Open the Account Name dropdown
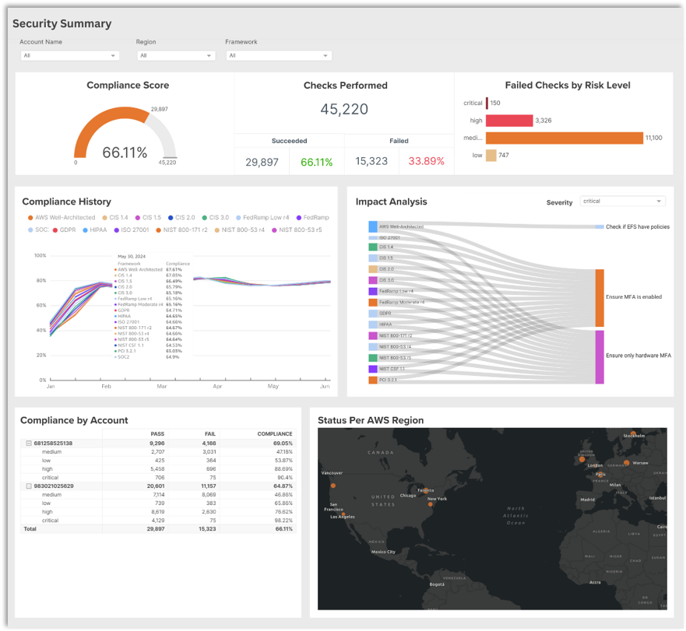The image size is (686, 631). [x=69, y=56]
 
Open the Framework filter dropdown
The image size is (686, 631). [x=278, y=56]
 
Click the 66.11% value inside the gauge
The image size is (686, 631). [x=125, y=152]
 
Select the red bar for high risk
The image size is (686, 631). [x=510, y=121]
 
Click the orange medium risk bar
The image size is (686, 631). [x=565, y=138]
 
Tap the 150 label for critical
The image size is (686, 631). [x=495, y=103]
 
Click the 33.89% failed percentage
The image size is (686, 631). [x=426, y=162]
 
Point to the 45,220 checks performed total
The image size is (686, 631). [x=344, y=109]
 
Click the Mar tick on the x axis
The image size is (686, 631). [x=162, y=386]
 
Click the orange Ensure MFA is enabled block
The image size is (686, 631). [x=600, y=297]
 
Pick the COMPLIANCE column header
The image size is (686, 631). [x=276, y=434]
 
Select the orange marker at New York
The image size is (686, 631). [x=430, y=505]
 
